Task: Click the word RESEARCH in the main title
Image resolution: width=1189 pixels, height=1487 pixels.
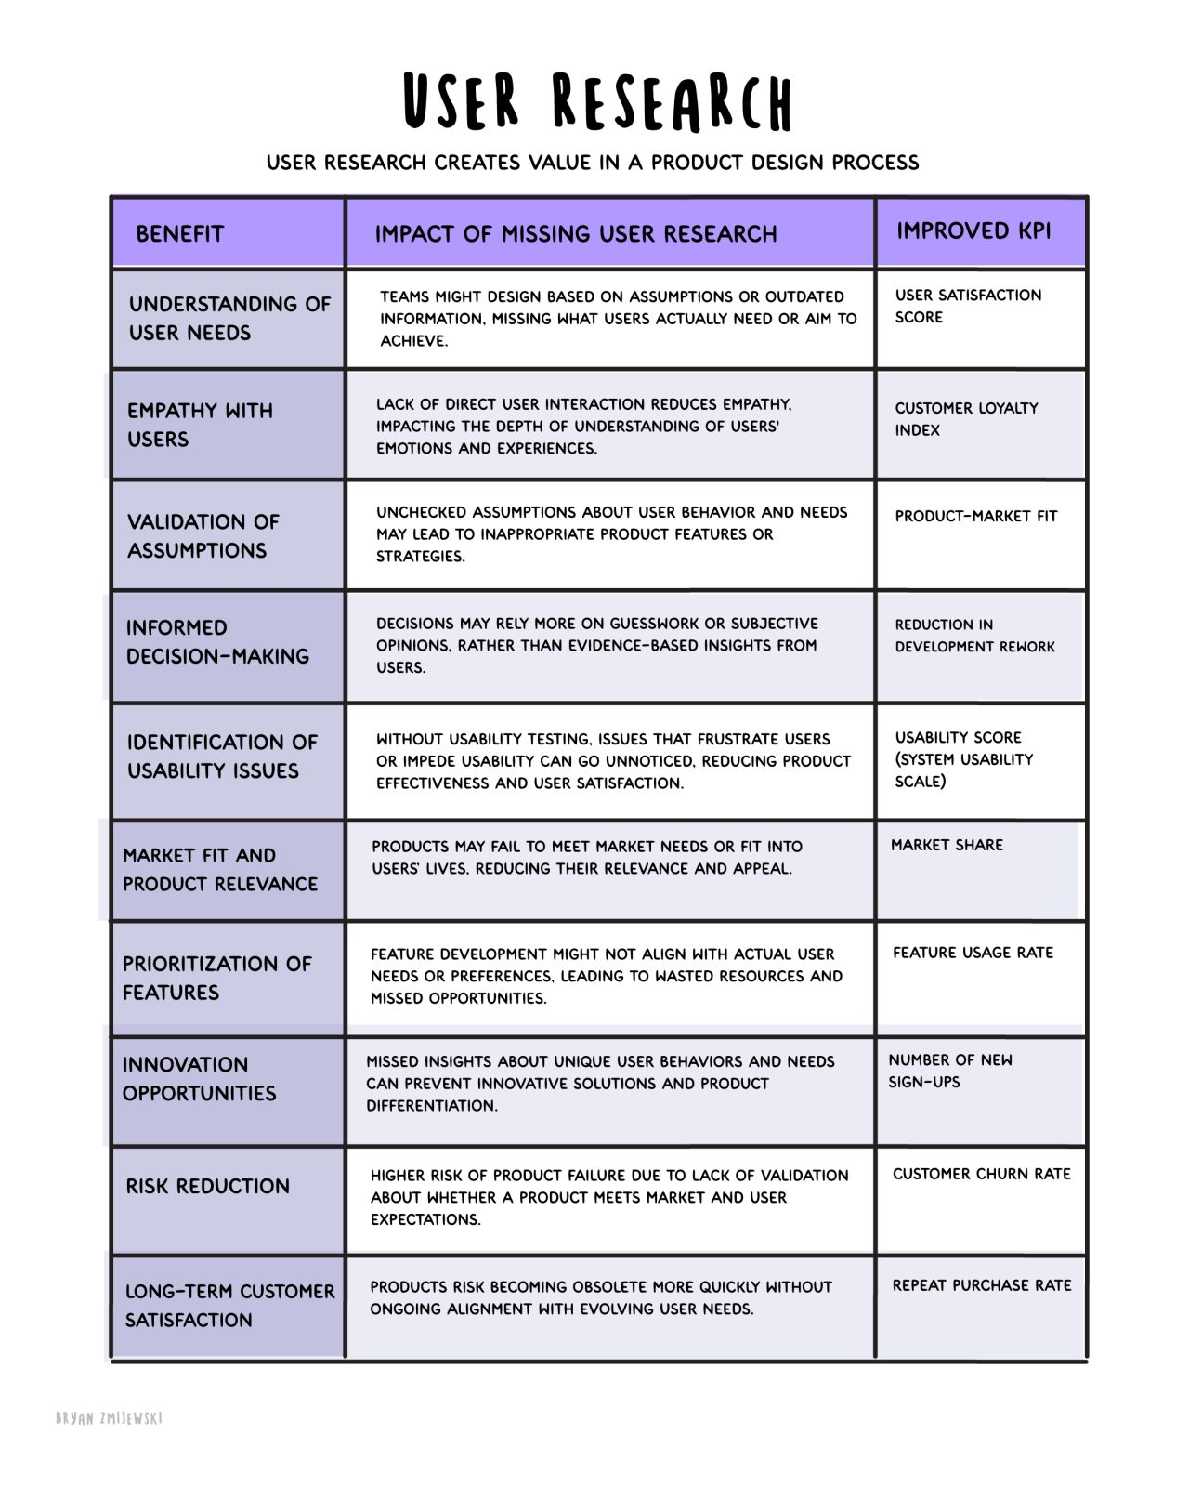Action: [673, 102]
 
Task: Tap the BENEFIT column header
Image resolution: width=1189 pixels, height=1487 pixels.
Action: [180, 234]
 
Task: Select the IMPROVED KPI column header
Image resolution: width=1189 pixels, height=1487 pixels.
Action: [973, 231]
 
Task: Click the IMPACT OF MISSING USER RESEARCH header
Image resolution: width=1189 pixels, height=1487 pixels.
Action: [575, 234]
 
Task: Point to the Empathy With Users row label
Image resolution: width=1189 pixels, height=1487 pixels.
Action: [200, 425]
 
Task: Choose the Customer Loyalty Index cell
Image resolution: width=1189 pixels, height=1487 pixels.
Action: [966, 419]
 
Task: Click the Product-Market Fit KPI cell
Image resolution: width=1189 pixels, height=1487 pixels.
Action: [975, 517]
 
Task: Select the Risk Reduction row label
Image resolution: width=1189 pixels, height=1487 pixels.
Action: [208, 1187]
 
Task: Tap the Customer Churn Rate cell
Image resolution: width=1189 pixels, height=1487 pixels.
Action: [981, 1175]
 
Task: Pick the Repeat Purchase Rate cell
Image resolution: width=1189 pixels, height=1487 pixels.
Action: [981, 1286]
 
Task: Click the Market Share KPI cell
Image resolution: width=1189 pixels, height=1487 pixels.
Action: [947, 846]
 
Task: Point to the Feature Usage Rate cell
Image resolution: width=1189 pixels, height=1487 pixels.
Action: [973, 954]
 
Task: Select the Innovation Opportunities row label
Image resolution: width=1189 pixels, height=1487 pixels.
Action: [199, 1079]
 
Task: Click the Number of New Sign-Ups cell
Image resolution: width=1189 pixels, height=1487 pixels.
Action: [949, 1072]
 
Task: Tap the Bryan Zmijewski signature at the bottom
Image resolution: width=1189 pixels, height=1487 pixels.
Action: [109, 1418]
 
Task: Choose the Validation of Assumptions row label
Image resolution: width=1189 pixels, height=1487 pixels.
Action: [203, 536]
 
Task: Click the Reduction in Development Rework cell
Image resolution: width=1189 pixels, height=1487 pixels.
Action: [974, 636]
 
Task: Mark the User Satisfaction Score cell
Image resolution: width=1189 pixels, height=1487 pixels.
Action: [968, 307]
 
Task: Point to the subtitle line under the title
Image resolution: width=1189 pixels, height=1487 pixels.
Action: [593, 163]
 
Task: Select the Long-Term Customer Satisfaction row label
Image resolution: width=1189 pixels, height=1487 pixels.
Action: [229, 1306]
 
